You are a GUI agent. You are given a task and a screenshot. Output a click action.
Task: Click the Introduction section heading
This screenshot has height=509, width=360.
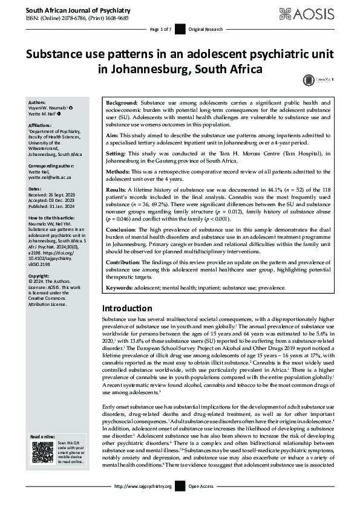pos(127,308)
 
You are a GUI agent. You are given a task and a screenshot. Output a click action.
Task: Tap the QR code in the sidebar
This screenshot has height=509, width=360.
pos(42,452)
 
